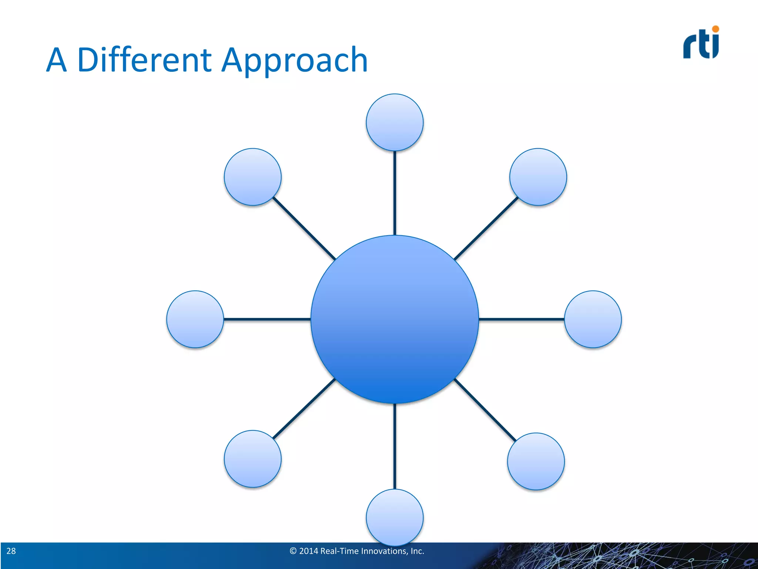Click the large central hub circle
pos(395,319)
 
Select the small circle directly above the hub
pos(395,122)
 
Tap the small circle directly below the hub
pos(395,517)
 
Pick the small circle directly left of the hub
pos(195,319)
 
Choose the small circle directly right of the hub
pos(593,319)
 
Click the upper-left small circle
pos(252,177)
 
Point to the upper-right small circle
pos(538,177)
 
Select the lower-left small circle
pos(252,459)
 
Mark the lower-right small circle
pos(536,461)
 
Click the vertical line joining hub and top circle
pos(395,193)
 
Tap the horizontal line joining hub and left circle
pos(266,319)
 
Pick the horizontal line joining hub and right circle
pos(521,319)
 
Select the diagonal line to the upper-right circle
pos(486,228)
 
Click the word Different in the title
pos(144,60)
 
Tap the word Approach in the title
pos(294,61)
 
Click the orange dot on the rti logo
pos(715,29)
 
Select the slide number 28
pos(11,551)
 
